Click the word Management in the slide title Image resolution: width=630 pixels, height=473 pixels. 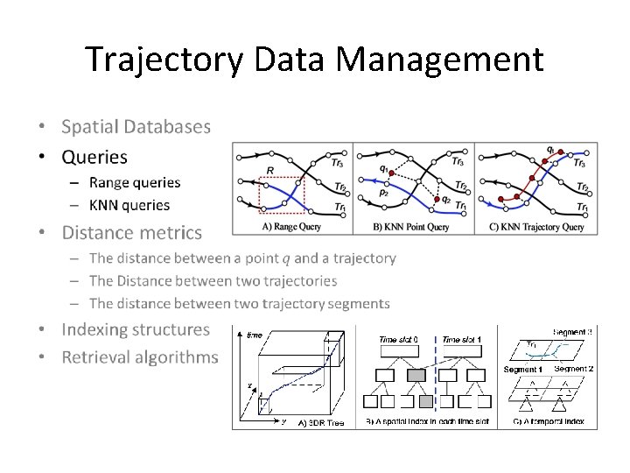click(x=439, y=60)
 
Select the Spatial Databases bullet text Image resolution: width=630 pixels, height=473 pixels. click(x=136, y=126)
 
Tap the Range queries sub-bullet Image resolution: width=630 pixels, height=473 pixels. click(x=134, y=182)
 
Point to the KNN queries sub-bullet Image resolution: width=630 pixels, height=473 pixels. click(x=129, y=205)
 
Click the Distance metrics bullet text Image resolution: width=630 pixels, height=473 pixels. click(x=131, y=233)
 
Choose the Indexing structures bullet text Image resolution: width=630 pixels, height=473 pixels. click(x=136, y=330)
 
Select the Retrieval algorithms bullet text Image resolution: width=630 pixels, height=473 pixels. click(x=140, y=357)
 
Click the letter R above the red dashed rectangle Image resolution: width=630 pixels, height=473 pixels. click(x=269, y=170)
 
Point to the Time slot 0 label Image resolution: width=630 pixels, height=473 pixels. click(x=398, y=339)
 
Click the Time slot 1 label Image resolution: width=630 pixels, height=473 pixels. click(x=462, y=339)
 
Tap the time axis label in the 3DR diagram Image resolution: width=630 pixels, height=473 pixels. click(x=254, y=335)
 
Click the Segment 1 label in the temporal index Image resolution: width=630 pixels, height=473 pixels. click(x=523, y=370)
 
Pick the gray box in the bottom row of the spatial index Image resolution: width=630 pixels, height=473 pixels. click(x=426, y=402)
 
